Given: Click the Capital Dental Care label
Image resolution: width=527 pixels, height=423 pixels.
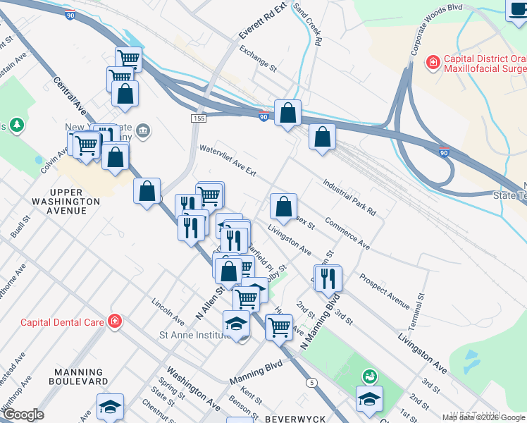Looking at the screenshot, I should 62,322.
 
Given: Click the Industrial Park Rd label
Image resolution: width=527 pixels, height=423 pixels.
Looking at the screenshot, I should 349,197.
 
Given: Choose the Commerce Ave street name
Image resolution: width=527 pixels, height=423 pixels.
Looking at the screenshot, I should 345,235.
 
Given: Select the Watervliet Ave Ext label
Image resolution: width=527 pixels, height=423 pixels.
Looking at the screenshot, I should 227,159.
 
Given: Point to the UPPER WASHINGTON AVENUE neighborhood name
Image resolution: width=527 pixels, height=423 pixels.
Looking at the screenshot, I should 75,197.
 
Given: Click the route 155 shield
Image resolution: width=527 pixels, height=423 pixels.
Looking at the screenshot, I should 197,118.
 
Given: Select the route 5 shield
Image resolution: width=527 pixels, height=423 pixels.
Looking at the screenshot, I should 311,382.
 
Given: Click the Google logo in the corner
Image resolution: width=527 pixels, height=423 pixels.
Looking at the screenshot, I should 23,415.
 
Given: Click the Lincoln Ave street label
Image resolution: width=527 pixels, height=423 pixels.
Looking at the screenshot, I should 168,311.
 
